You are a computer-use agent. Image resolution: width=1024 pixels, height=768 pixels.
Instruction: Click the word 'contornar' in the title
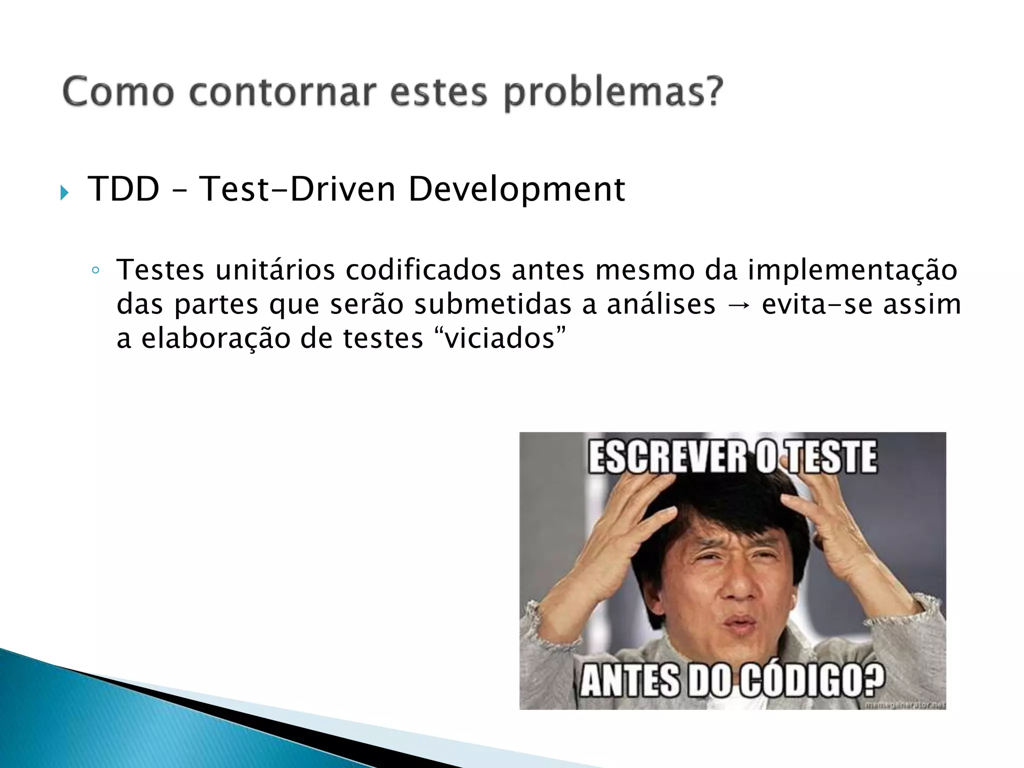(x=282, y=92)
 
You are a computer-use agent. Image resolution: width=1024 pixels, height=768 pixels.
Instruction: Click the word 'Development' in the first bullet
(x=516, y=190)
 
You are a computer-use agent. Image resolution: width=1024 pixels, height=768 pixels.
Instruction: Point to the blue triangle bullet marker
(x=64, y=192)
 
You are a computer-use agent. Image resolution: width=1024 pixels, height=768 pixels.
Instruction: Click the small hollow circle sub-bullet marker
(x=95, y=271)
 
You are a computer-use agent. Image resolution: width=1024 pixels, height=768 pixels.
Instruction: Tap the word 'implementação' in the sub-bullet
(x=852, y=271)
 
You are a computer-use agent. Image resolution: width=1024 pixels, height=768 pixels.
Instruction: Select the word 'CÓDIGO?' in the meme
(x=812, y=680)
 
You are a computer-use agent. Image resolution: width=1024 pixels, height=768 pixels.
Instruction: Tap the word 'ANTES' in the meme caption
(x=630, y=680)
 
